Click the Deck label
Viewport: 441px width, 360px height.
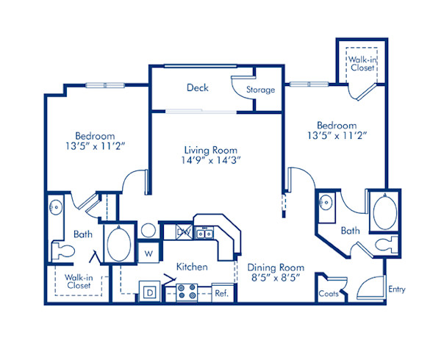pos(197,87)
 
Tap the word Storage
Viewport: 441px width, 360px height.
pos(260,90)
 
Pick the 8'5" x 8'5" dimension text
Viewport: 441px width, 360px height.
pos(273,279)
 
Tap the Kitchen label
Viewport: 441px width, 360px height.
pos(190,267)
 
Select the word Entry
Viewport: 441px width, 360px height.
pos(397,289)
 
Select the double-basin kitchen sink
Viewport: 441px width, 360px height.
pos(204,233)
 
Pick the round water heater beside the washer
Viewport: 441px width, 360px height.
pos(147,229)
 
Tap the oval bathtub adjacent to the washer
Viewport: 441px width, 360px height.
pos(118,243)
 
